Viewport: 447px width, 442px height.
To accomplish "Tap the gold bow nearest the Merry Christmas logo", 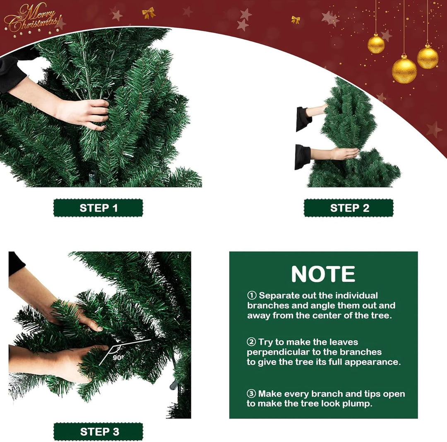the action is coord(149,13).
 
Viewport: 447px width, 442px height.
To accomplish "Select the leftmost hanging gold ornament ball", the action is coord(376,43).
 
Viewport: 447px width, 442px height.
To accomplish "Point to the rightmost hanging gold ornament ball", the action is coord(427,57).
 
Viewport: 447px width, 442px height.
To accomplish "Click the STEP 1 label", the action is coord(99,208).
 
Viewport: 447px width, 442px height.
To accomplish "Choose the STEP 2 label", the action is coord(349,208).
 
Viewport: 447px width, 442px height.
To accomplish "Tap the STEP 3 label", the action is coord(99,432).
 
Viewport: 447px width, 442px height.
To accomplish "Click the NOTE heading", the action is coord(323,274).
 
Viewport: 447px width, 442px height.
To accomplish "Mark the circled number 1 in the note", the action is coord(252,296).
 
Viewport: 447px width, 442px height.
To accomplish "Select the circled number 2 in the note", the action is coord(251,342).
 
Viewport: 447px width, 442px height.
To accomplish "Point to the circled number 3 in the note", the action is coord(251,394).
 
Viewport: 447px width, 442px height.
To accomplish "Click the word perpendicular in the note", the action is coord(279,352).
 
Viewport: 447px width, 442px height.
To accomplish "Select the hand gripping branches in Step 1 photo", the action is coord(83,114).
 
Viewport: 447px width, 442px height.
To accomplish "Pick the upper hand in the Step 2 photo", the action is coord(317,110).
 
